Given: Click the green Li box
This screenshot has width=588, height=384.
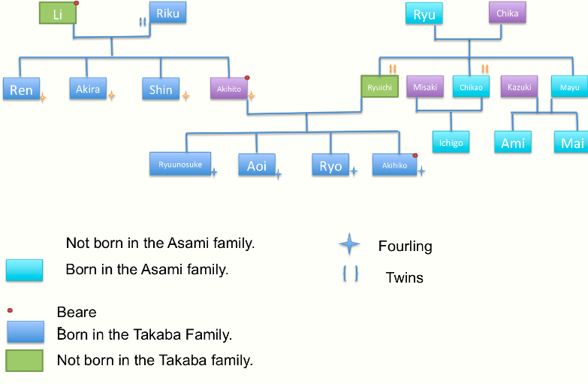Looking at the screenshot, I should point(58,14).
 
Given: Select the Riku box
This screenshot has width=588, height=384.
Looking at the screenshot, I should point(167,12).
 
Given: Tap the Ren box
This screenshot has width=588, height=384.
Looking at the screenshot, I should point(21,89).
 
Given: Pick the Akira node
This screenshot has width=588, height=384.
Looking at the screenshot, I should point(88,88).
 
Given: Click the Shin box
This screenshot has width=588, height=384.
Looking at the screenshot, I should point(161,89).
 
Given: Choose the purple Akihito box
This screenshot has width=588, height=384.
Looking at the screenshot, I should point(229,89).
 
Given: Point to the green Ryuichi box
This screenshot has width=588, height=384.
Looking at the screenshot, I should point(379,87).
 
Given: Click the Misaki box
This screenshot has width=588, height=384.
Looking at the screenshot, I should point(425,87).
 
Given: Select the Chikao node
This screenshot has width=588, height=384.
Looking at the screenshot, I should point(471,87).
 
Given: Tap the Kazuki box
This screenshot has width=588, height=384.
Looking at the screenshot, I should point(519,87).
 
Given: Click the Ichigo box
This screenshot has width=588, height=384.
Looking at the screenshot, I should point(451,142).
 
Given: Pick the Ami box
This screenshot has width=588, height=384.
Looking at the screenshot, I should point(513,142).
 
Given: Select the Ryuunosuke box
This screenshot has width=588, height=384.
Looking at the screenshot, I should point(180,164).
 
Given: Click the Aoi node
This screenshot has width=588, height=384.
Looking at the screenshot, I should point(257,165).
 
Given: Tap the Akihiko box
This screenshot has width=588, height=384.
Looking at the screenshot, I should point(394,165).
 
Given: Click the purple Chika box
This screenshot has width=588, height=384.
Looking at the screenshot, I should point(508,12).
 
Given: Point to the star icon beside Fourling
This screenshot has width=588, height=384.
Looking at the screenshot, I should point(349,244).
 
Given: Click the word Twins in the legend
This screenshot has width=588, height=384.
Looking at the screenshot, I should point(404,277).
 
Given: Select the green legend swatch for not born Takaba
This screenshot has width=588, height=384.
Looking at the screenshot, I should point(25,360).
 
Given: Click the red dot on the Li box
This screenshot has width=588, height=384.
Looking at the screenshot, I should point(77,3).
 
